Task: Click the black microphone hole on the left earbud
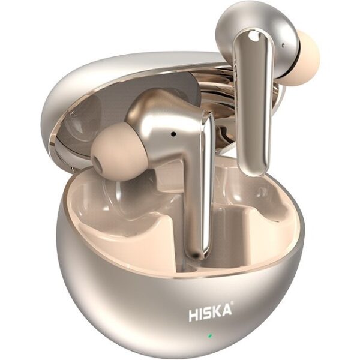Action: click(174, 134)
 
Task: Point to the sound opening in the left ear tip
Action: click(98, 163)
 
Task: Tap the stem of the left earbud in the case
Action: click(200, 184)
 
